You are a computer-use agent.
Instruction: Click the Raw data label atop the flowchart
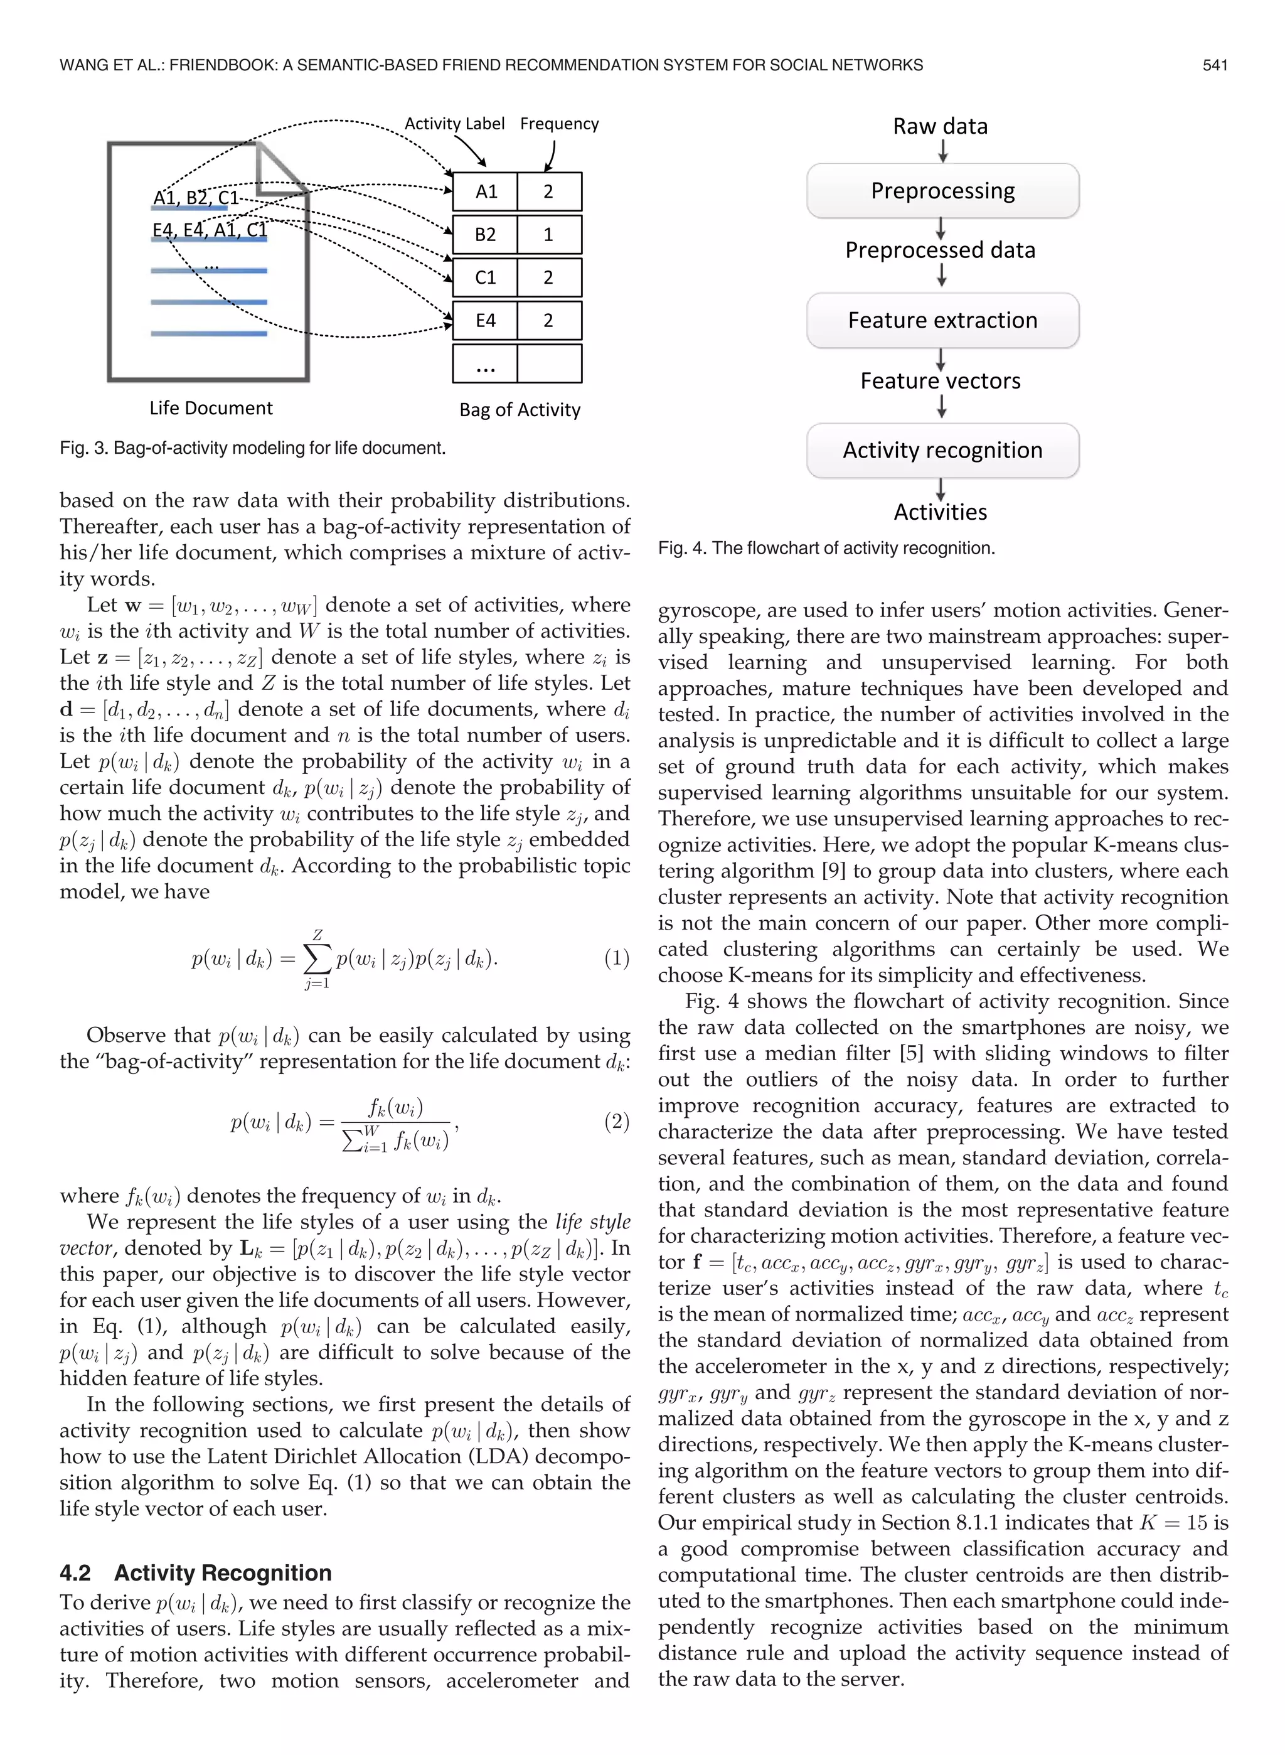tap(940, 126)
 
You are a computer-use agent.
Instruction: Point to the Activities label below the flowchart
tap(940, 512)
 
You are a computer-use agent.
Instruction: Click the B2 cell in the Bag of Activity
tap(486, 234)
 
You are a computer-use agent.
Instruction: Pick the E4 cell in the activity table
tap(486, 319)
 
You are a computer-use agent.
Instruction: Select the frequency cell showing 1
tap(548, 234)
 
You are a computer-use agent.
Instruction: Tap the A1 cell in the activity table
tap(486, 191)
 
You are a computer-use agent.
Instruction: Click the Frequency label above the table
tap(559, 124)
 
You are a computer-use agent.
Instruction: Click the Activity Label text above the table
tap(454, 124)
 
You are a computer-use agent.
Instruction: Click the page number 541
tap(1214, 65)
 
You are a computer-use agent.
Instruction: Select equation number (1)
tap(616, 958)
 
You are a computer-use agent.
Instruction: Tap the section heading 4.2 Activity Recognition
tap(196, 1573)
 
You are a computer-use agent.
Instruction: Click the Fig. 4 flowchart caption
tap(826, 548)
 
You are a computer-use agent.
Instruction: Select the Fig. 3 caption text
tap(252, 448)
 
